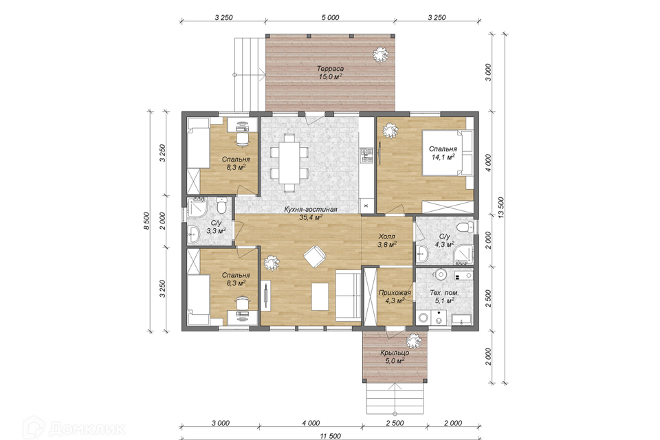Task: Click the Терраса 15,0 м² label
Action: pyautogui.click(x=330, y=72)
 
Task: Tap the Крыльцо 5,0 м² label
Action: pyautogui.click(x=395, y=356)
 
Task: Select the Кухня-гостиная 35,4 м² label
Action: pyautogui.click(x=311, y=213)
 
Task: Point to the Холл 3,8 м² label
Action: pyautogui.click(x=387, y=241)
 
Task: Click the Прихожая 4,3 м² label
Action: pyautogui.click(x=395, y=296)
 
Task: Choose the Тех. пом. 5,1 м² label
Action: pyautogui.click(x=444, y=296)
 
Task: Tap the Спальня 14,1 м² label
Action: pyautogui.click(x=443, y=153)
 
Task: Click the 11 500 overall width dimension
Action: pyautogui.click(x=330, y=436)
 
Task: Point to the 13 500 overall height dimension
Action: pyautogui.click(x=500, y=207)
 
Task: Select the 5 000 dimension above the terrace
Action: pyautogui.click(x=330, y=17)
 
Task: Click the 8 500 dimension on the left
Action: pyautogui.click(x=146, y=220)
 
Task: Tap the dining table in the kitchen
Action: pyautogui.click(x=289, y=162)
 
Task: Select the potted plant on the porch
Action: pyautogui.click(x=413, y=340)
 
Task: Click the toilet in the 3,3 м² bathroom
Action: pyautogui.click(x=221, y=206)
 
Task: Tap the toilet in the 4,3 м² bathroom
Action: pyautogui.click(x=465, y=227)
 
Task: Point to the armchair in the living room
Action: pyautogui.click(x=314, y=256)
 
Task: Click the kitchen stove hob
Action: pyautogui.click(x=366, y=155)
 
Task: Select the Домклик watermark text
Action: pyautogui.click(x=87, y=429)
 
